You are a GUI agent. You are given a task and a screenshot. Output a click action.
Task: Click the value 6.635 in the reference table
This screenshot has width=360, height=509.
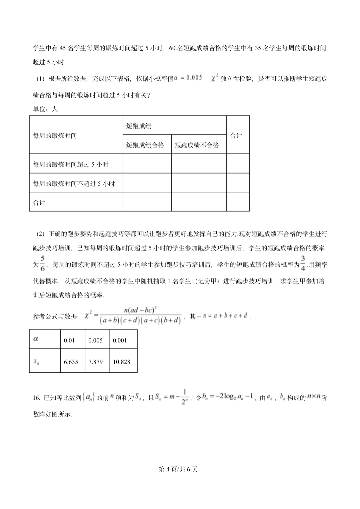[x=71, y=362]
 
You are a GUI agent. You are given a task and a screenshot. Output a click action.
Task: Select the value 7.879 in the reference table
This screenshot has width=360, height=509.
[x=96, y=362]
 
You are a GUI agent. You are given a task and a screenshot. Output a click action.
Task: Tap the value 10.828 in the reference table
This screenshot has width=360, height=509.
[x=122, y=362]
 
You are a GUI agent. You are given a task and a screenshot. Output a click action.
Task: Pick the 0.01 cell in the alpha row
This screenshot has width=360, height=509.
[x=69, y=340]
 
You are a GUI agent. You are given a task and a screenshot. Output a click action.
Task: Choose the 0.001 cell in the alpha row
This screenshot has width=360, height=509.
[x=120, y=340]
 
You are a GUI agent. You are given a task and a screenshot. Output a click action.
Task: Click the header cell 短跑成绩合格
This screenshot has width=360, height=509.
[x=145, y=145]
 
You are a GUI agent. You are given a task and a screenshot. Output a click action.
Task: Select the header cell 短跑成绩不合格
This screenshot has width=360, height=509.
[x=197, y=145]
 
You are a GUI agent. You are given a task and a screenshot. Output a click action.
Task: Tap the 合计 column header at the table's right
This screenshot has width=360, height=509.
[x=236, y=136]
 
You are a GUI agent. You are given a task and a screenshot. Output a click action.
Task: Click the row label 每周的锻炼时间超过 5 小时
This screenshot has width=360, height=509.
[x=71, y=165]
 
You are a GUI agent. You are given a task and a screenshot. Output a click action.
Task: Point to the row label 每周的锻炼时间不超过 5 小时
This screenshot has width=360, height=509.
[x=74, y=184]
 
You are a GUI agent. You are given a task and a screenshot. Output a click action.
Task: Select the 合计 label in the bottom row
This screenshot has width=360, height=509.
[x=39, y=203]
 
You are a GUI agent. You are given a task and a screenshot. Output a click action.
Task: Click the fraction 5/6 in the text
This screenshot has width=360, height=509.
[x=42, y=263]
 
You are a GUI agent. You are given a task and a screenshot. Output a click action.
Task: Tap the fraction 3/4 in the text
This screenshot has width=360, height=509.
[x=303, y=263]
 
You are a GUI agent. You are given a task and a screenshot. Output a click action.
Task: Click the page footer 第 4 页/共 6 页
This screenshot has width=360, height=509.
[x=178, y=469]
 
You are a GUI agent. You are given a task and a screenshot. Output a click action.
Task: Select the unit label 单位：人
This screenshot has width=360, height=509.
[x=45, y=109]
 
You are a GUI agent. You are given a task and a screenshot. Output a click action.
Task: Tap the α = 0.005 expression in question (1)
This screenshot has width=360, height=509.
[x=188, y=78]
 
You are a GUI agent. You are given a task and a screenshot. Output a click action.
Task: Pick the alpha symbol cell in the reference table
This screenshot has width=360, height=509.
[x=36, y=339]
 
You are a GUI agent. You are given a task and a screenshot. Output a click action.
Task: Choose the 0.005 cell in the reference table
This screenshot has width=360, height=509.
[x=96, y=340]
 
